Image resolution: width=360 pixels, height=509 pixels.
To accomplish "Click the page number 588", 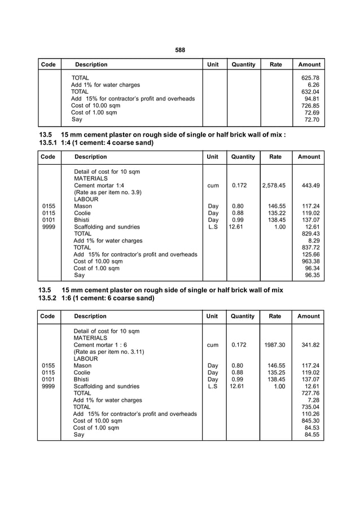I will (180, 50).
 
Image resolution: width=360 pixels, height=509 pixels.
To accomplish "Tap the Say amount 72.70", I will (312, 120).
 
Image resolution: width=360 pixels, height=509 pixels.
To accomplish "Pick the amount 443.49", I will (310, 185).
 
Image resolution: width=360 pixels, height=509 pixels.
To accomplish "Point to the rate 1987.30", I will (274, 344).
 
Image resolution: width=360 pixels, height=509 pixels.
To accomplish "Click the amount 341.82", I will (310, 344).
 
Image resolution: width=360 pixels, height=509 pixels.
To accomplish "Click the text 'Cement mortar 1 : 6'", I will (100, 344).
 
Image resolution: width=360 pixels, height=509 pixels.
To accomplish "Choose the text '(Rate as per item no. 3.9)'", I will (108, 192).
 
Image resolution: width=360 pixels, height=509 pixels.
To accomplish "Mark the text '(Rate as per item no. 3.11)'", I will (109, 352).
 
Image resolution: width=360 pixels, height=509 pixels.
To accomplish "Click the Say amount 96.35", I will (312, 275).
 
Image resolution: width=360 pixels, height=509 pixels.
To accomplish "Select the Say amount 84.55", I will (312, 435).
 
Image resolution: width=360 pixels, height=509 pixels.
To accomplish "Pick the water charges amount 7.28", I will (314, 400).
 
